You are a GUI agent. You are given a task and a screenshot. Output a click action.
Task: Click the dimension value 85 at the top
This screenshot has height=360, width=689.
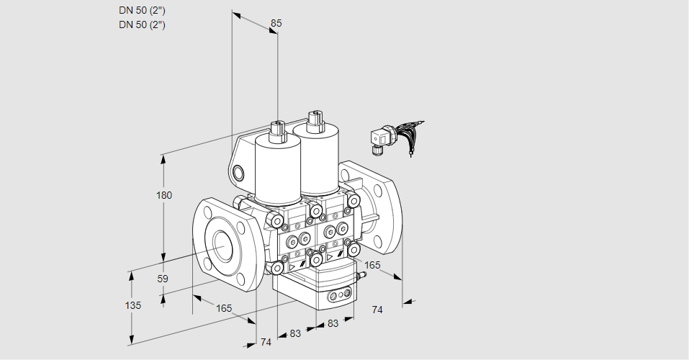276,23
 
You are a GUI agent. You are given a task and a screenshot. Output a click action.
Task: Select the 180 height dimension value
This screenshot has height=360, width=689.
164,195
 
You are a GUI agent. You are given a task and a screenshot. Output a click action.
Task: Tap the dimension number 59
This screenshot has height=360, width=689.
163,279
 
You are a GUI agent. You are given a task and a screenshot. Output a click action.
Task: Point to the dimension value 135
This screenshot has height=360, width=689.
133,305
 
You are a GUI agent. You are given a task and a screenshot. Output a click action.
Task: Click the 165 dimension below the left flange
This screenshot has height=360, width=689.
224,309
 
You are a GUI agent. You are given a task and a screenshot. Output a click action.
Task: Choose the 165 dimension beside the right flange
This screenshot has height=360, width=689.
372,265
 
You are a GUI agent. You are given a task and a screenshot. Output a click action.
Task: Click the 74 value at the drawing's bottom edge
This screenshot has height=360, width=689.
266,342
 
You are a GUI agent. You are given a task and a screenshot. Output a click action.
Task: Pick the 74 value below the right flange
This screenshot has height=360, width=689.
377,310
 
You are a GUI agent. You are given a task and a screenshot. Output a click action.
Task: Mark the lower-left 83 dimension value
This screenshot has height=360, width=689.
295,333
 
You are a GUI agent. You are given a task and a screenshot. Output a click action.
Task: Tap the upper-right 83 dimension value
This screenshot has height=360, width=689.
333,323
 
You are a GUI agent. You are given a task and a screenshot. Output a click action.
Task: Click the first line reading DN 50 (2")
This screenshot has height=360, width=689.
142,11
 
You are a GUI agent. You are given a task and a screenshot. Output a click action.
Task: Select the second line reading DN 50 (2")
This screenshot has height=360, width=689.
142,24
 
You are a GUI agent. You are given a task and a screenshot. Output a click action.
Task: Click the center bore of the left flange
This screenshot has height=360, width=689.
224,244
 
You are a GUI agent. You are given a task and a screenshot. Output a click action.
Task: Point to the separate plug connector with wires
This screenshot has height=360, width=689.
395,136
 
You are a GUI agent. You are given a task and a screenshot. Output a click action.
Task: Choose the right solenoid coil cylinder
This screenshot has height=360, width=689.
316,158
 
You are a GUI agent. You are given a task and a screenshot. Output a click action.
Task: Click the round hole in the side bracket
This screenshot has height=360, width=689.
238,173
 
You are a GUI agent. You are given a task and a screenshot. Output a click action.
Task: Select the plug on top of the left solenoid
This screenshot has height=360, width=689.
278,130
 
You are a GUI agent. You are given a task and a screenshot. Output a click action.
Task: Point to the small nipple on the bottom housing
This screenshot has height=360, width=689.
362,276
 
